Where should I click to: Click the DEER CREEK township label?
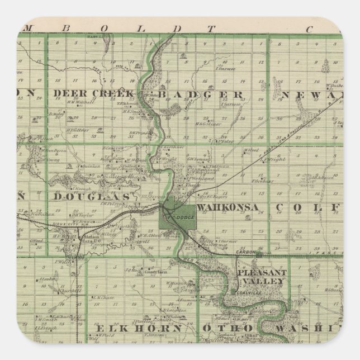(x=93, y=93)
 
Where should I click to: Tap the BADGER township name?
(x=200, y=94)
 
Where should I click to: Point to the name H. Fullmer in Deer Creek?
(x=74, y=127)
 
